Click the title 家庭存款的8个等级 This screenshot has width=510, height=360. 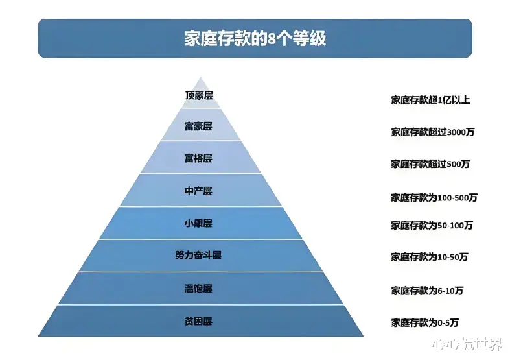tap(255, 38)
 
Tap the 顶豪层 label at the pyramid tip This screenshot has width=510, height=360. tap(198, 95)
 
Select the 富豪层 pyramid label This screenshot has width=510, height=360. tap(198, 126)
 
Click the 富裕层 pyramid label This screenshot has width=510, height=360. tap(198, 158)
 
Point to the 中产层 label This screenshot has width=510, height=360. tap(198, 191)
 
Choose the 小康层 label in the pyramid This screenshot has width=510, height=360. tap(198, 223)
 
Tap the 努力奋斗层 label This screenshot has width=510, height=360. tap(198, 256)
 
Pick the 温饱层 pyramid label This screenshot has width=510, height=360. tap(198, 289)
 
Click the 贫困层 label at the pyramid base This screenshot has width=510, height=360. tap(198, 321)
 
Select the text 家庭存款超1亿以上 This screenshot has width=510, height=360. tap(430, 100)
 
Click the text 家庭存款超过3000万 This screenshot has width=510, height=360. tap(433, 132)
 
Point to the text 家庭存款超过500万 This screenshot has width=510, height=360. tap(430, 164)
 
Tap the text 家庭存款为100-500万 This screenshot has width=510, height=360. tap(434, 197)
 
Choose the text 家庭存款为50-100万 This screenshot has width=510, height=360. tap(432, 226)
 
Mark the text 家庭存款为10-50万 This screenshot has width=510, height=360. tap(429, 257)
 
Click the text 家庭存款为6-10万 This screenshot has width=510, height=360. tap(427, 290)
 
